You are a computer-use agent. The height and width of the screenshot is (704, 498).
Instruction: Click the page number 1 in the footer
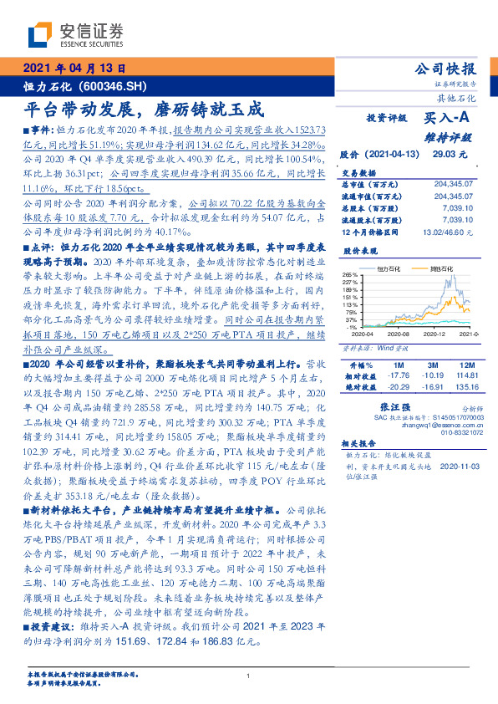[x=249, y=676]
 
